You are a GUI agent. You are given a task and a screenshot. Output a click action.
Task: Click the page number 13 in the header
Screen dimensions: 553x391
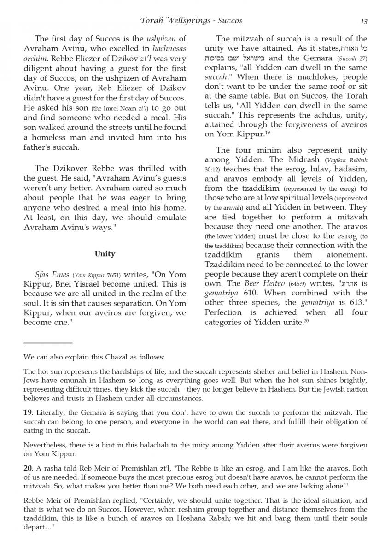click(x=363, y=20)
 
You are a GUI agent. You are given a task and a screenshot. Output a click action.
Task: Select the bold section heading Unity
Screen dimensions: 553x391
click(x=105, y=254)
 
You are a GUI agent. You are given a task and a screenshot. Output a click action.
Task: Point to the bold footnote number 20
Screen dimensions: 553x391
click(x=28, y=468)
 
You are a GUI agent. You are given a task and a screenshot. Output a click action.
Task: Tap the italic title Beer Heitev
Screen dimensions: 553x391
click(x=264, y=283)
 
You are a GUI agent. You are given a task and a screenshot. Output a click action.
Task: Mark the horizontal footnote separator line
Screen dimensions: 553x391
click(x=48, y=343)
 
